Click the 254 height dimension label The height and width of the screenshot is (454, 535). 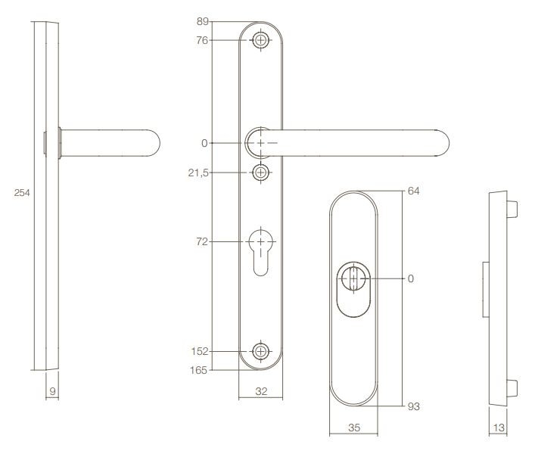(23, 194)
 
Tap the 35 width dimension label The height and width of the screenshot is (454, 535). (353, 428)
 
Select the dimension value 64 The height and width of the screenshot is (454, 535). (413, 191)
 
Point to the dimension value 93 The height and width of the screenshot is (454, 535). (413, 407)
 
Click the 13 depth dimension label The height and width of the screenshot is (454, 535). (499, 428)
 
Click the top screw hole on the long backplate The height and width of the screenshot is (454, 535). (261, 40)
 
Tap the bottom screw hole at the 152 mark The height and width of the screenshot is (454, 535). (261, 351)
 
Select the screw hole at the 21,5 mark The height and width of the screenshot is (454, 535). (261, 173)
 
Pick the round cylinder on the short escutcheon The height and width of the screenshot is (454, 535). (353, 278)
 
